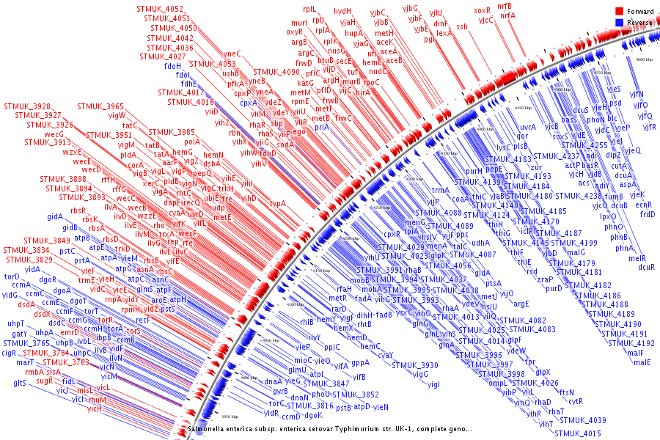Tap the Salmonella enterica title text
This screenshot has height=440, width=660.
tap(330, 428)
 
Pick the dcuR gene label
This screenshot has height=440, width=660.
tap(646, 267)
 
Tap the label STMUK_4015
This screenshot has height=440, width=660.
tap(582, 433)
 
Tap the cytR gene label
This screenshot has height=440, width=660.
tap(576, 401)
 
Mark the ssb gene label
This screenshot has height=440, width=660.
tap(461, 27)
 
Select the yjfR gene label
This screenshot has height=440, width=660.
tap(649, 127)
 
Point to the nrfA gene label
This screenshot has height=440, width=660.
tap(507, 15)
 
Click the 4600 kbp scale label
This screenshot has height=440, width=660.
tap(644, 58)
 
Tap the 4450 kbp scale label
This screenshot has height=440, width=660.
tap(523, 107)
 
